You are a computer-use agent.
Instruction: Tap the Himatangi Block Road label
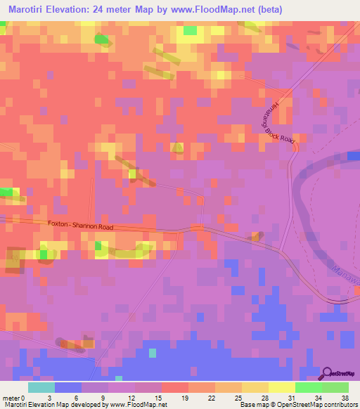coord(274,122)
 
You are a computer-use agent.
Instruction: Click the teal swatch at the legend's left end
coord(41,387)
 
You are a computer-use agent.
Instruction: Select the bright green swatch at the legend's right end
coord(335,387)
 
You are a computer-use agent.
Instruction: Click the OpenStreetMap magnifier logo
coord(328,374)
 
